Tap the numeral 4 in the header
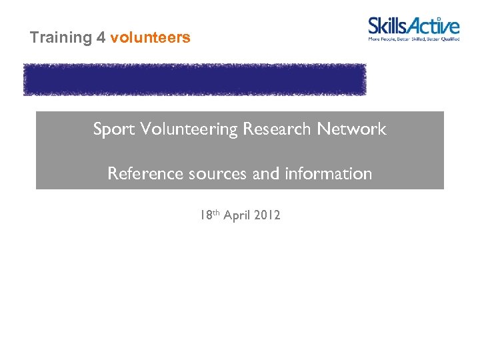click(101, 38)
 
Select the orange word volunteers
click(151, 38)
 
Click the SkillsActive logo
click(414, 30)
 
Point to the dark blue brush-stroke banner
click(195, 79)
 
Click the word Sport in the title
click(113, 129)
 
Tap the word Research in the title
click(278, 129)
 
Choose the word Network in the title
click(352, 129)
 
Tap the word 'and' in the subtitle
click(267, 174)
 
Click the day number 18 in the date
click(204, 215)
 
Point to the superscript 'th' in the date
click(215, 213)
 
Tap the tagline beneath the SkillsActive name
click(414, 39)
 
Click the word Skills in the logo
click(391, 27)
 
